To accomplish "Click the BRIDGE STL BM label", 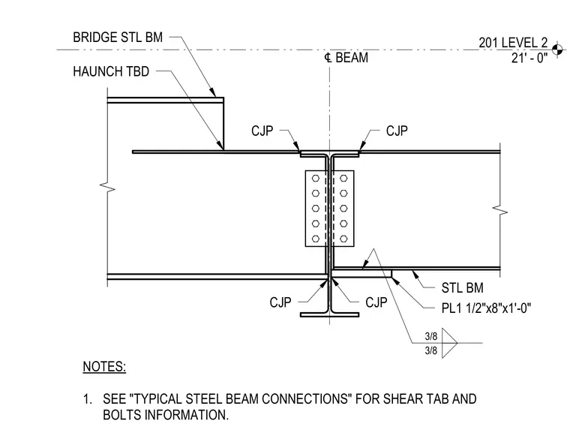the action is pos(118,37).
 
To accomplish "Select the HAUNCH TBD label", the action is pos(111,71).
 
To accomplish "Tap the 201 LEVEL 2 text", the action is pos(513,43).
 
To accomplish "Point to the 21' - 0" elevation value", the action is pos(529,58).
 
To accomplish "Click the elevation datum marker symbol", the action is pos(557,49).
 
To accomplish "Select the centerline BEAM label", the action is pos(346,58).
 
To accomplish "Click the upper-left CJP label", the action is pos(262,131).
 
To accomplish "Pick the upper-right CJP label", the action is pos(397,131).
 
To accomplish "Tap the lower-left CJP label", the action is pos(280,302).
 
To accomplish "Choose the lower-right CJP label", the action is pos(376,302).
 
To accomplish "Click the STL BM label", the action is pos(463,287).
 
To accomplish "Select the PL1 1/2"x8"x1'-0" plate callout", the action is pos(487,308).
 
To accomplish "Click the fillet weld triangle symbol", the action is pos(450,343).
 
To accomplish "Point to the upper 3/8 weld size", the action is pos(431,335).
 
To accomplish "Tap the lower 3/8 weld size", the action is pos(431,350).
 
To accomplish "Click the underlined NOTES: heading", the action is pos(104,366).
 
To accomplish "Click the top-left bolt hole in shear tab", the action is pos(316,179).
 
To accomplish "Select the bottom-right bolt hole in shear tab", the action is pos(343,239).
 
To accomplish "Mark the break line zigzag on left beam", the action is pos(107,188).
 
